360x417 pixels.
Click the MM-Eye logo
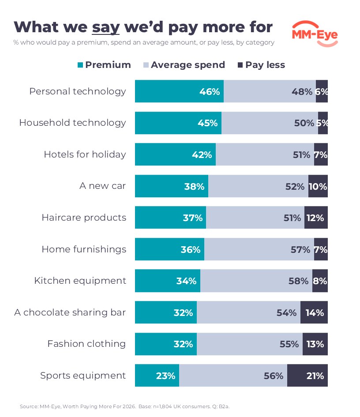[315, 34]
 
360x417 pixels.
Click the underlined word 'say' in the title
[105, 28]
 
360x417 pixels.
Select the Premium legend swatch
[80, 65]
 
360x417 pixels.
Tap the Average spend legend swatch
[146, 65]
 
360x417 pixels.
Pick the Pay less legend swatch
[240, 65]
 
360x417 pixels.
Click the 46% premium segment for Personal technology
[179, 91]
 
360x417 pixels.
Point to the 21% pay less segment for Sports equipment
[307, 375]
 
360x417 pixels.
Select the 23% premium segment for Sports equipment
[157, 375]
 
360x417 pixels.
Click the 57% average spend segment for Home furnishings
[259, 249]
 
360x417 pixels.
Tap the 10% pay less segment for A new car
[318, 186]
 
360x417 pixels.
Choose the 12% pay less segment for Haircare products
[316, 217]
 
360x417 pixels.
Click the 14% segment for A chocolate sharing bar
[314, 312]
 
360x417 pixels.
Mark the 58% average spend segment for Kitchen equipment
[256, 281]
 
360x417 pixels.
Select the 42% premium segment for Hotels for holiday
[176, 154]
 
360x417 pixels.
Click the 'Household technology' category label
[73, 123]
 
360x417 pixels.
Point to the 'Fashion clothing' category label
[86, 344]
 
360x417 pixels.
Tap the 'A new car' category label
[103, 186]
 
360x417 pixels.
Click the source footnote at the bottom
[125, 406]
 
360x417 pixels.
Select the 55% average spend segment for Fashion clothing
[250, 344]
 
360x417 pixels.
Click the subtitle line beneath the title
[144, 42]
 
